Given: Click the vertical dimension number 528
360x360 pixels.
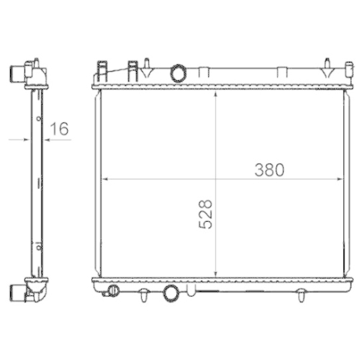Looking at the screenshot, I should click(206, 214).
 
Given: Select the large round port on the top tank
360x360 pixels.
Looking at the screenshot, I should click(176, 73).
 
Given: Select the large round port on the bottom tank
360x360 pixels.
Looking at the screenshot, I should click(171, 292).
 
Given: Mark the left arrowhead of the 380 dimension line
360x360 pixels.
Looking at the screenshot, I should click(102, 178).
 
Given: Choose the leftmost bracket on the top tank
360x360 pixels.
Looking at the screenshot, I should click(101, 71).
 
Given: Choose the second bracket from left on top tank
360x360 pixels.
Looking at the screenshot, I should click(132, 71).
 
